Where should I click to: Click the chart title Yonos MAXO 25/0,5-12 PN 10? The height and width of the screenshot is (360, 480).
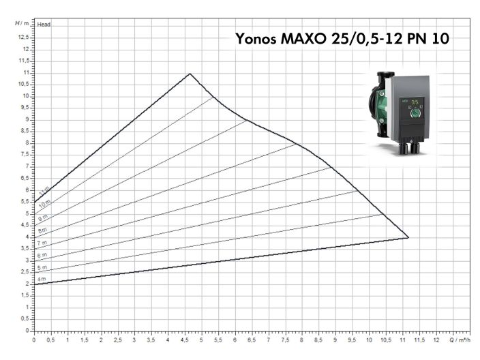point(342,38)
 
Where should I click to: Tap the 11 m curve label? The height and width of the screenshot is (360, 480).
point(44,190)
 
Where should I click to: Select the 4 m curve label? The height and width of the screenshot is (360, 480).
point(42,279)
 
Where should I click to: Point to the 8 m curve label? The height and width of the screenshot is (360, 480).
point(42,230)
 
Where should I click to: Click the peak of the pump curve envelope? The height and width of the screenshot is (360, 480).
point(190,74)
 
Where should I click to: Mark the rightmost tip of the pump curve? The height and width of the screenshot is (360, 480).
point(408,237)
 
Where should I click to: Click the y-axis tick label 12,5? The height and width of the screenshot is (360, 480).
point(25,37)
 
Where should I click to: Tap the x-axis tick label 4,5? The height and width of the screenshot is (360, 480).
point(185,339)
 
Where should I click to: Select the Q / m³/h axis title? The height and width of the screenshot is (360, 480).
point(461,339)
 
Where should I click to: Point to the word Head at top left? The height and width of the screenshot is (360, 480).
point(44,25)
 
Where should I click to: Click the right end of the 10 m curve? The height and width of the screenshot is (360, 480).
point(213,97)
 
